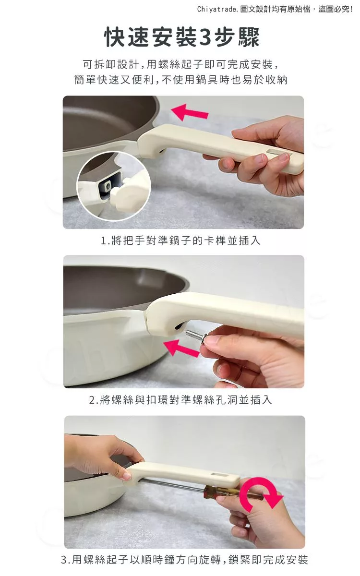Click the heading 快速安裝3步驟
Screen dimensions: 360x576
(x=182, y=37)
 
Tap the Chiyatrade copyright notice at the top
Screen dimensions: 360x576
(x=275, y=10)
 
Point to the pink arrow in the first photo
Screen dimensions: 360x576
(x=190, y=112)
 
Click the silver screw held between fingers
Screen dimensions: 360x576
(x=197, y=336)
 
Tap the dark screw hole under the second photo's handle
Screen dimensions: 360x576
(x=178, y=326)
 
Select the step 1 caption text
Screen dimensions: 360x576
(x=180, y=240)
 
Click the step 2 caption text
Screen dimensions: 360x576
(x=180, y=400)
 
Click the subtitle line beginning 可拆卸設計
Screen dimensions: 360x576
(x=180, y=64)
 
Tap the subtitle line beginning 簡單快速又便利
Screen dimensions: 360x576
(x=180, y=80)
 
